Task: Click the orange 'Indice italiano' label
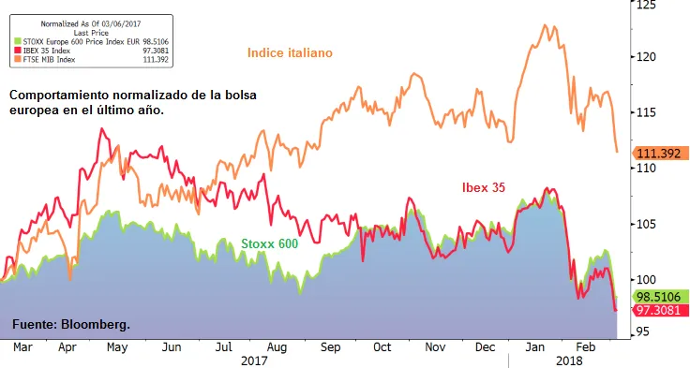(290, 52)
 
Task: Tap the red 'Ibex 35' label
(484, 187)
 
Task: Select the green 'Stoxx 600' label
(269, 243)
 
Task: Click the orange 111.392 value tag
(659, 153)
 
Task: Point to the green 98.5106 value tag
(659, 296)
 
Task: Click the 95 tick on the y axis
(644, 331)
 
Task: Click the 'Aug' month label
(276, 346)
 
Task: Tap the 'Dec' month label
(485, 346)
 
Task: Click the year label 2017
(253, 360)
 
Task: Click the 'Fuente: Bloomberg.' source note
(70, 324)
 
